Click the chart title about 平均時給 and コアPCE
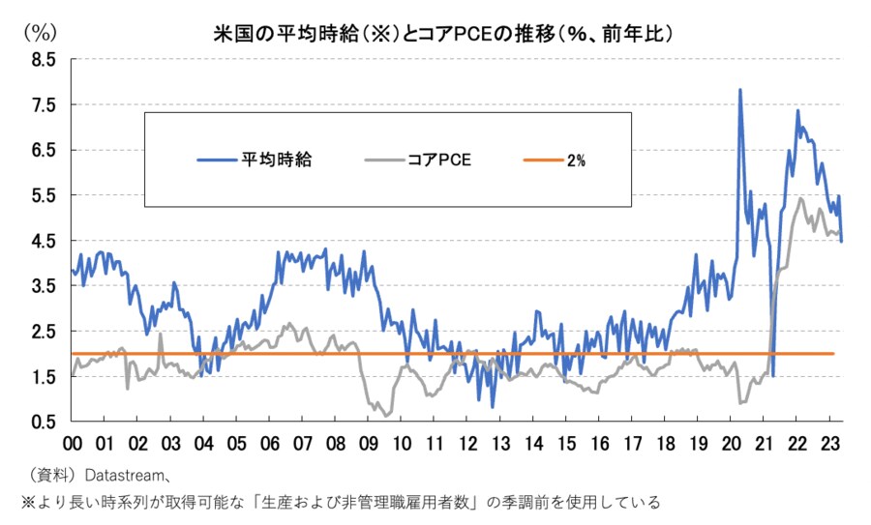click(x=442, y=33)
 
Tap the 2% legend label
click(x=577, y=160)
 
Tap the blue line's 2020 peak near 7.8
click(x=740, y=90)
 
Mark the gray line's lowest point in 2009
click(x=387, y=416)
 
